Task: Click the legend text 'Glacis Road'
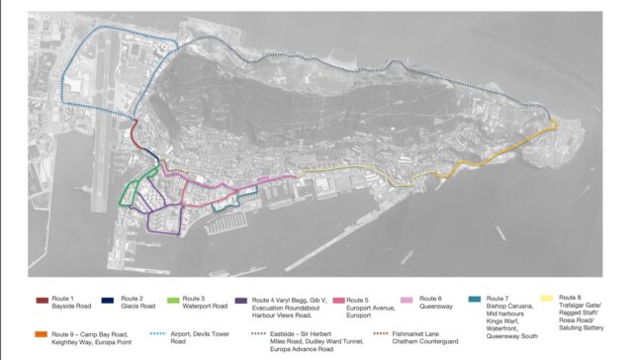click(138, 306)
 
